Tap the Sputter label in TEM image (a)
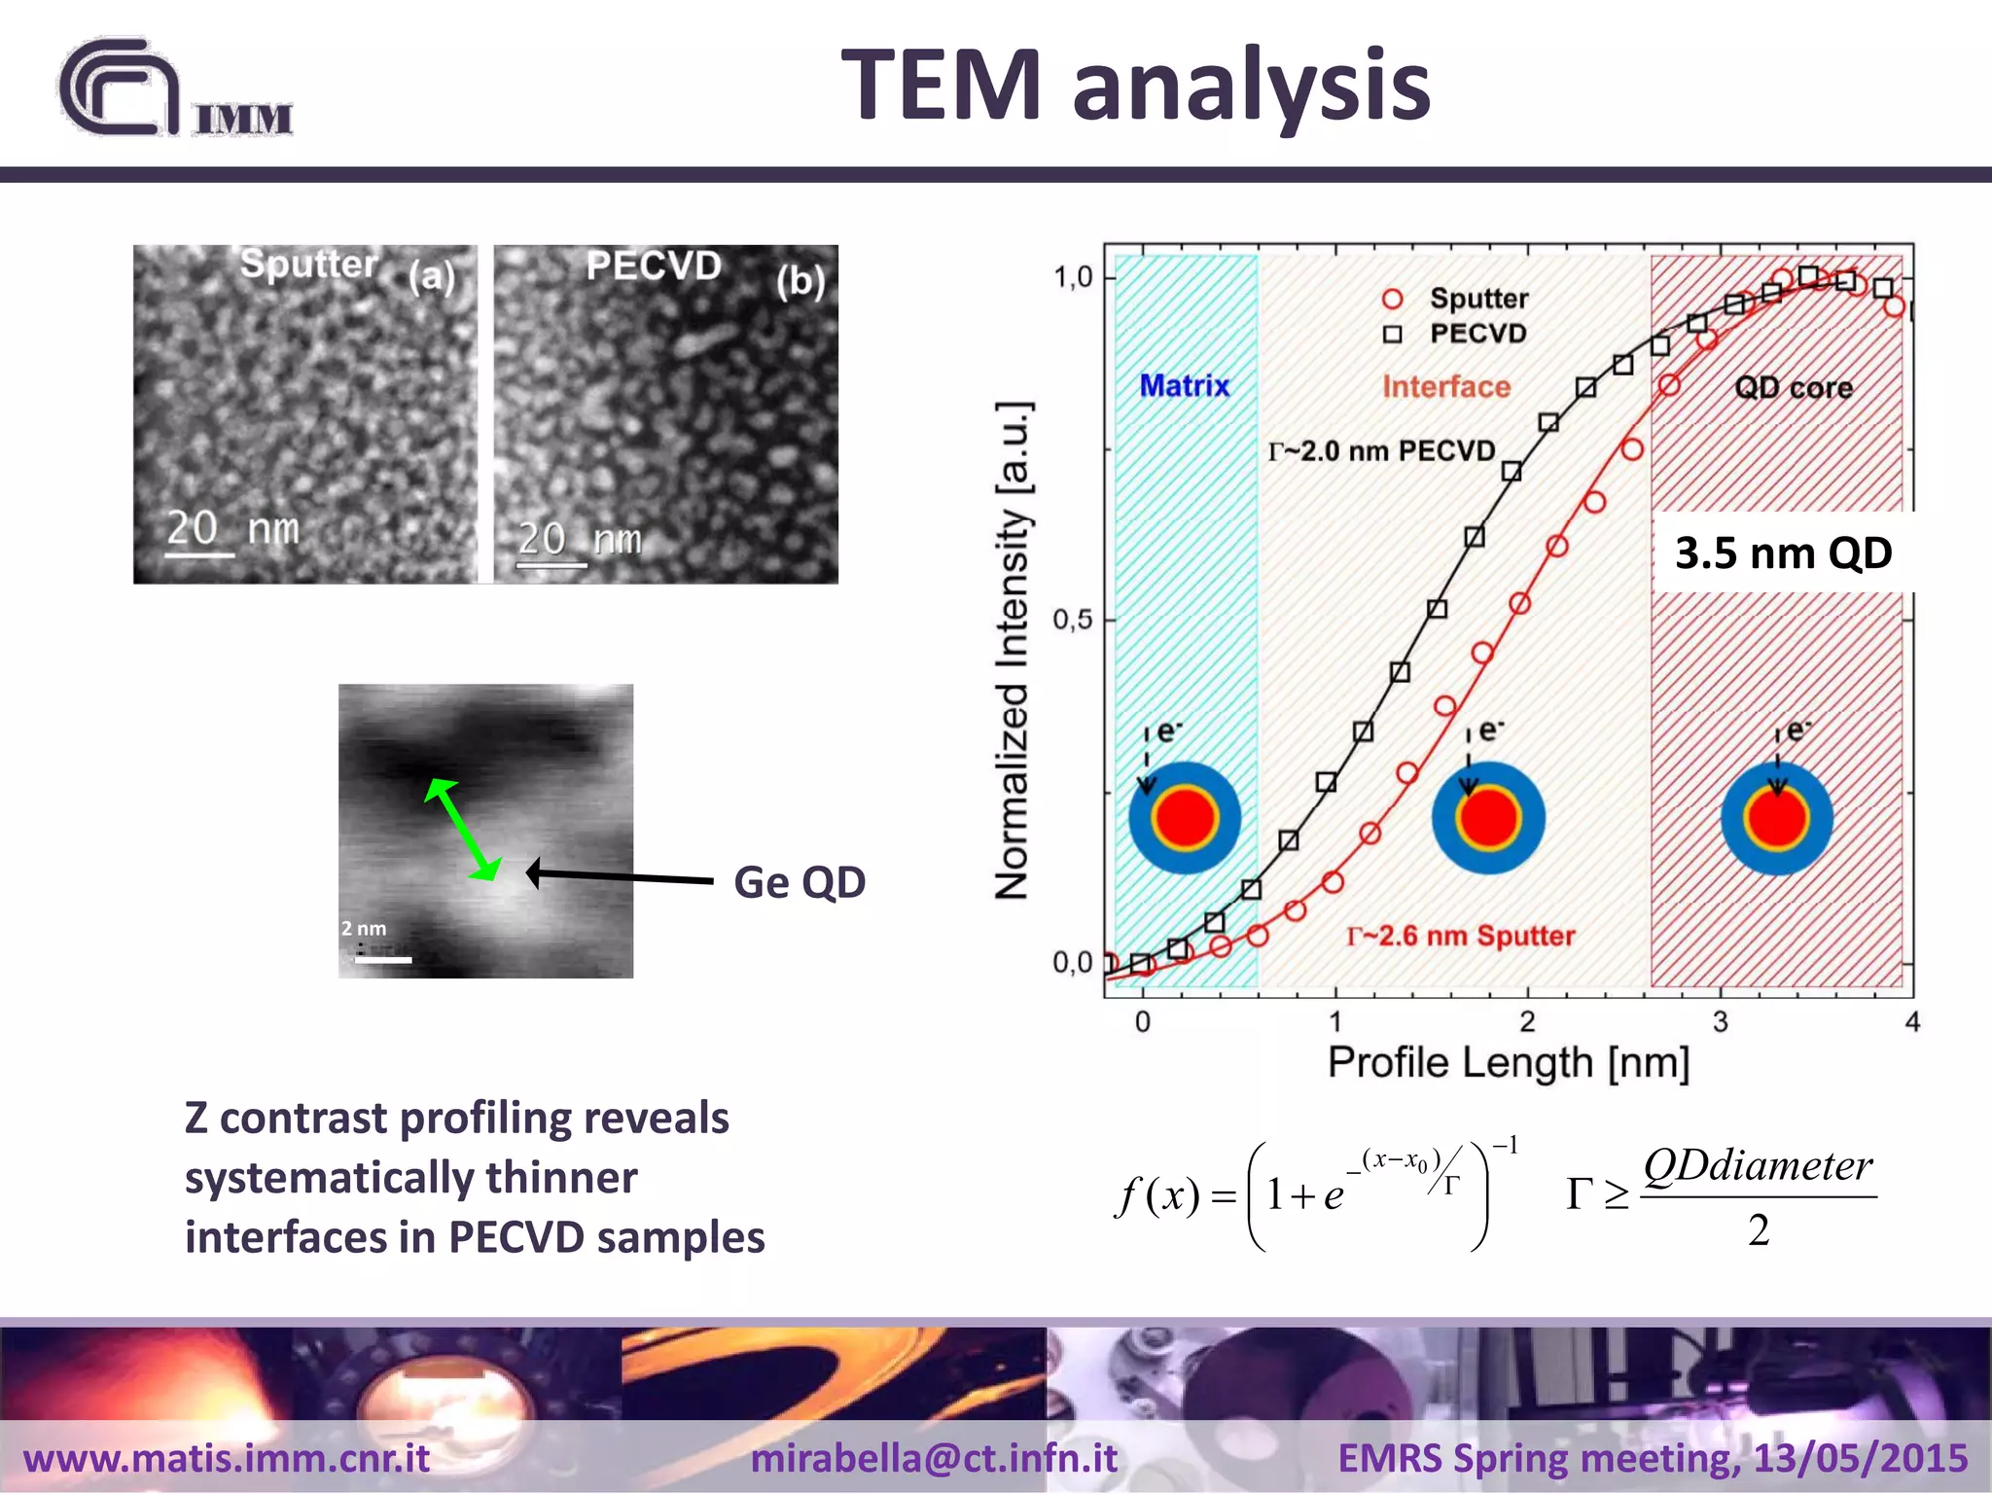[x=308, y=264]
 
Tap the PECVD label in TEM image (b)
[x=654, y=266]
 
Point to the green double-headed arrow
[x=463, y=830]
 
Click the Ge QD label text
[x=800, y=882]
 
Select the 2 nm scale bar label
[x=364, y=929]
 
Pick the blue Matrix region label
[x=1184, y=386]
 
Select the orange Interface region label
[x=1446, y=387]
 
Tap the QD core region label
[x=1793, y=388]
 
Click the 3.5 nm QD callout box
[x=1783, y=552]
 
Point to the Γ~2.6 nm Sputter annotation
[x=1460, y=936]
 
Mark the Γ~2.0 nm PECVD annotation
[x=1381, y=451]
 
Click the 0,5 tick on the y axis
[x=1072, y=620]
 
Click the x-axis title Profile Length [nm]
[x=1508, y=1063]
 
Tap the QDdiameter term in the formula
[x=1757, y=1166]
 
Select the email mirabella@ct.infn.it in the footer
[x=934, y=1458]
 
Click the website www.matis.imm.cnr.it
[x=227, y=1458]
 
